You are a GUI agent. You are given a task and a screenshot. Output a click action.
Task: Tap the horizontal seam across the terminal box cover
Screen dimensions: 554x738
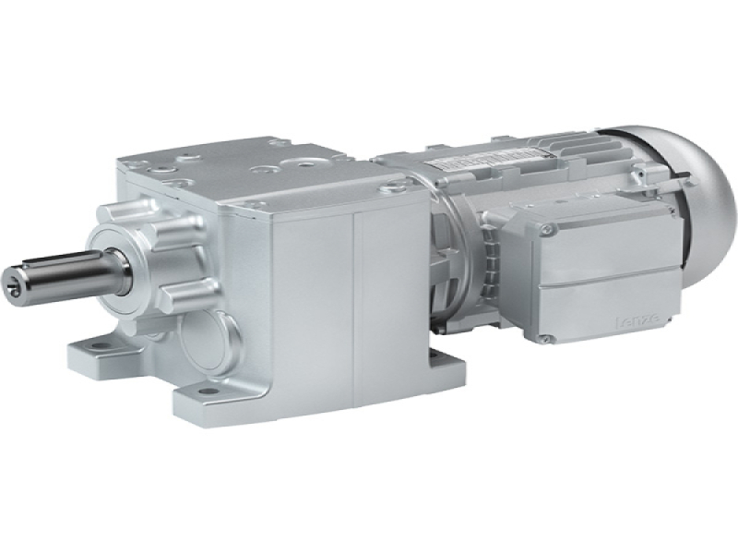pos(618,277)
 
